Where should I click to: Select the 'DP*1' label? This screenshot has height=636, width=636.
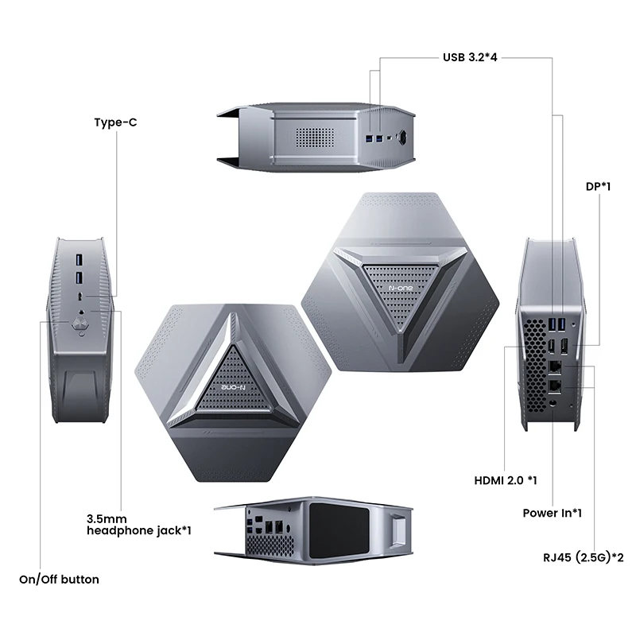597,186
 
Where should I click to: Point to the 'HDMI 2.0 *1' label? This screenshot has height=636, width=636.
506,480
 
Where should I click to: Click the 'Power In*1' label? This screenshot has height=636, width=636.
552,513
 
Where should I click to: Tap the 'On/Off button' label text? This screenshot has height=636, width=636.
60,579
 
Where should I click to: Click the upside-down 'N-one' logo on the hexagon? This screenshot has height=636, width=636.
231,387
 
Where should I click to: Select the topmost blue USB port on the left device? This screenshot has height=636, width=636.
79,260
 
